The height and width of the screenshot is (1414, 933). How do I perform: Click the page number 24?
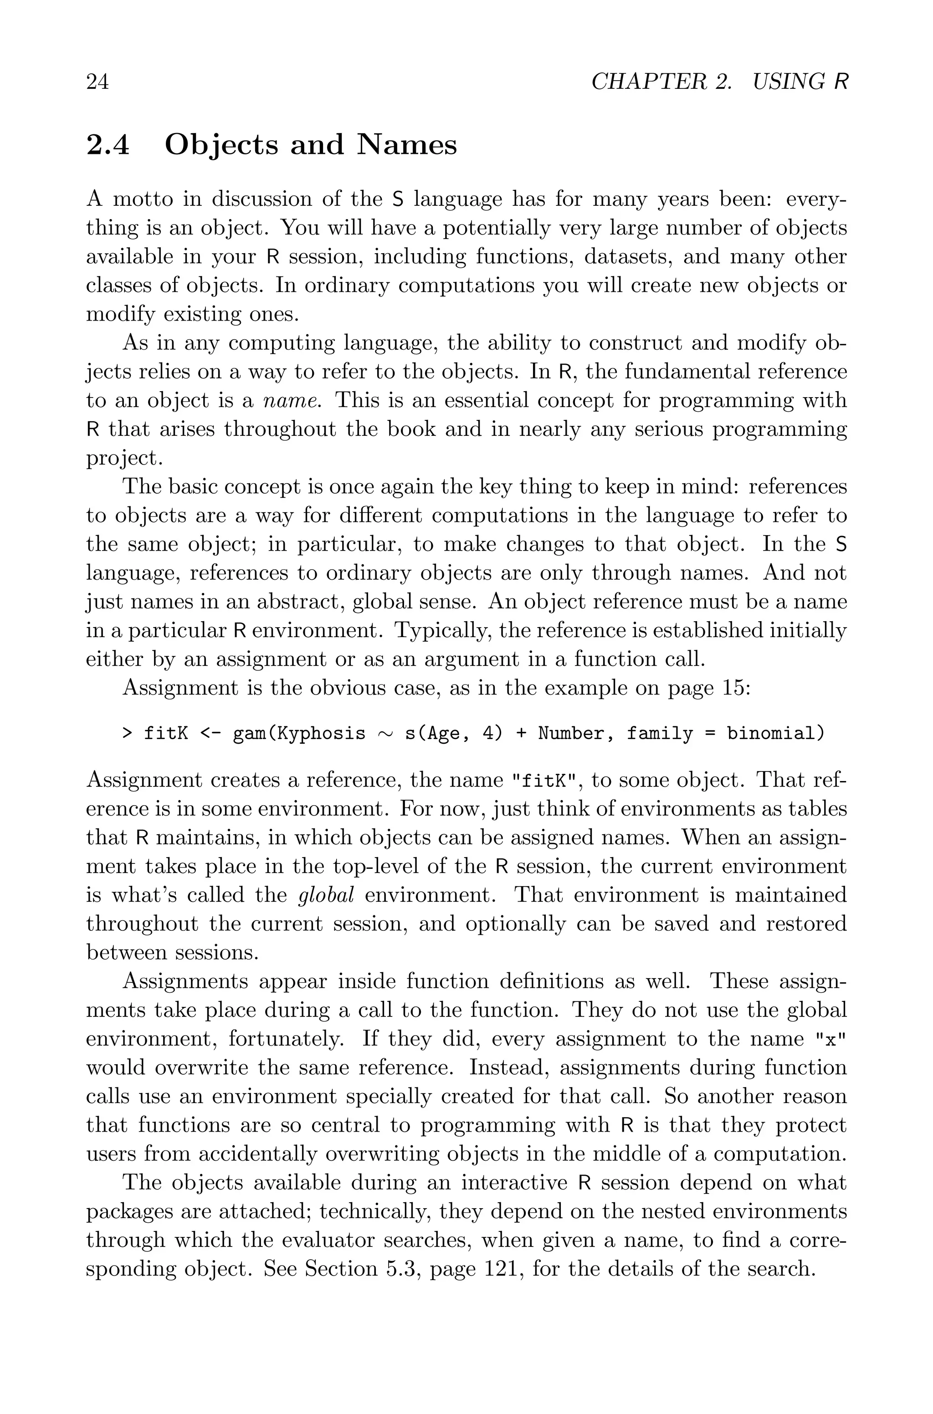click(x=97, y=82)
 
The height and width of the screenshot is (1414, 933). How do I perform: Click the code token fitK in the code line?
click(x=166, y=734)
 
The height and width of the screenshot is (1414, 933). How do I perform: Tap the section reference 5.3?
click(x=404, y=1268)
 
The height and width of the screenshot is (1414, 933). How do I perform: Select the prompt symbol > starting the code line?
click(x=127, y=734)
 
